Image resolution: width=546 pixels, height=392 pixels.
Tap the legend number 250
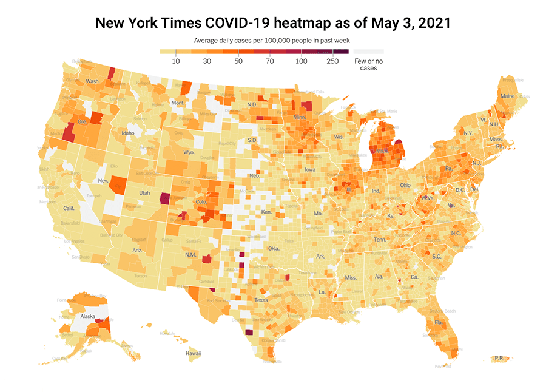(x=332, y=61)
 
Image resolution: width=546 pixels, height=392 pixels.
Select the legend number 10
(x=176, y=61)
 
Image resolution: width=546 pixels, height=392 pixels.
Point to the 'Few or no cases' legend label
(x=368, y=64)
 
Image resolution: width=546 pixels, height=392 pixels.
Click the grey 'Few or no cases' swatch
(x=368, y=52)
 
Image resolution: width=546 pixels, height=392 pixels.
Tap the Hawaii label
(x=193, y=353)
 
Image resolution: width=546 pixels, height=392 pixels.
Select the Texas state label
(x=261, y=300)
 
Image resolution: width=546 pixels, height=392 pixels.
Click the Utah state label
(x=144, y=192)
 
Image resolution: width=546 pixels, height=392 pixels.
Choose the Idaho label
(x=127, y=133)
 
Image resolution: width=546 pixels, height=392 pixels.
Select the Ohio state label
(x=406, y=185)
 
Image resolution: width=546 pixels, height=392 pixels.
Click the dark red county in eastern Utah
(x=164, y=199)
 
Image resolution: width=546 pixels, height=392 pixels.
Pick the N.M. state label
(x=190, y=254)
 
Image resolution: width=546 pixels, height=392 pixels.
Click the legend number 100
(x=302, y=61)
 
